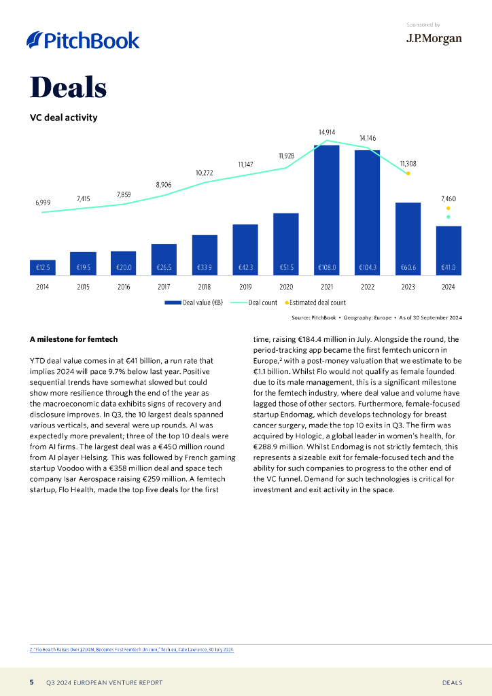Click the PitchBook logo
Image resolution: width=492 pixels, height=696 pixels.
click(x=83, y=40)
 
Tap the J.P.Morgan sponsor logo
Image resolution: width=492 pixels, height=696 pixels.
click(x=434, y=39)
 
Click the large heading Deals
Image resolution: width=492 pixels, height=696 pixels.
click(x=68, y=88)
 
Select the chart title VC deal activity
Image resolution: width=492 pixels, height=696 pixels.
click(x=63, y=118)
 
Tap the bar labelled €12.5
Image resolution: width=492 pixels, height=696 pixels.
click(x=42, y=268)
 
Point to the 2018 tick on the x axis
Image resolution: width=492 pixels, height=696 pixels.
click(x=205, y=287)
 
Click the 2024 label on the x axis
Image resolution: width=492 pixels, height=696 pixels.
click(x=449, y=287)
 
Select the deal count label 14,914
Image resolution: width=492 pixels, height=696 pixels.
click(x=326, y=131)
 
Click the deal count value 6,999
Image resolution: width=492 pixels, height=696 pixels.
click(x=43, y=203)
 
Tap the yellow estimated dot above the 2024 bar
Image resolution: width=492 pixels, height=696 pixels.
click(x=448, y=208)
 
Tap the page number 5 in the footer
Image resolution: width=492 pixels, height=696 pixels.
click(x=31, y=682)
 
